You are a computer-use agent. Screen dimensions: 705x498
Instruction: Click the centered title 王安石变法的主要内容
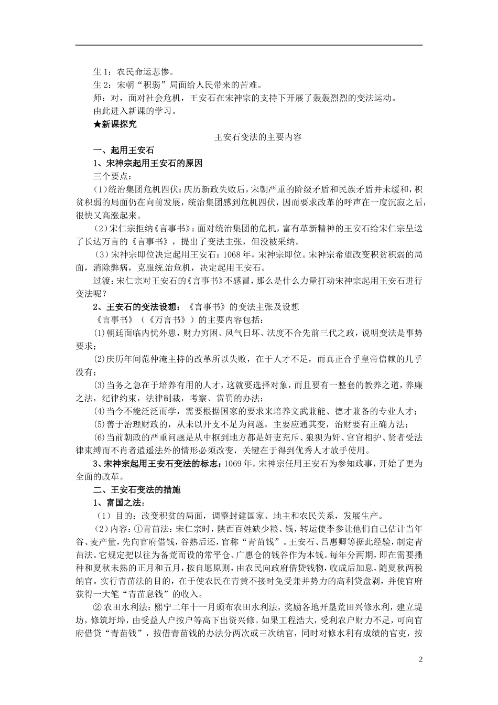coord(259,137)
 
